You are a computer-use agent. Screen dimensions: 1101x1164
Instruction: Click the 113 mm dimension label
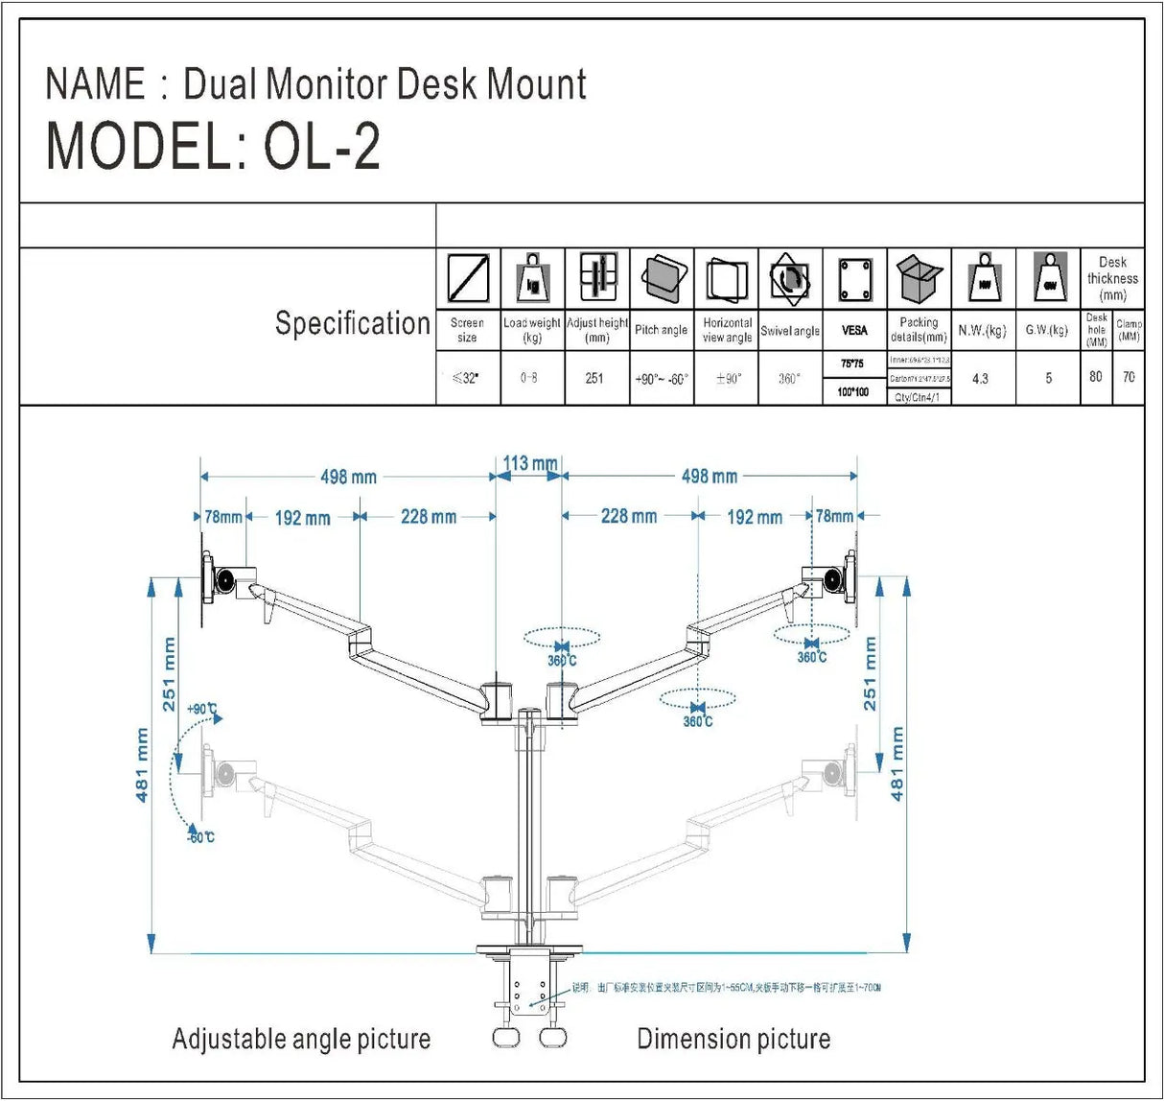[x=529, y=463]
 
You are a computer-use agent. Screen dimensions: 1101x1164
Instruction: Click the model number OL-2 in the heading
[x=322, y=147]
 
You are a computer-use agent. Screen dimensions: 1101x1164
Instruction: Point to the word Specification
[x=352, y=323]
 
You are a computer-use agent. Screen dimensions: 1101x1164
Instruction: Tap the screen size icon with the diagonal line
[x=468, y=279]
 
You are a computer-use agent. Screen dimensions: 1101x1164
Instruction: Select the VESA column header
[x=854, y=330]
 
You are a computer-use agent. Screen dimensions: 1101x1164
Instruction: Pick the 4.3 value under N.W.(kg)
[x=980, y=379]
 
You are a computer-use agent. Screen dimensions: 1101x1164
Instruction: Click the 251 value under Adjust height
[x=594, y=378]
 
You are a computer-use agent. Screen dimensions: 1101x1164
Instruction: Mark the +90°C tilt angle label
[x=202, y=709]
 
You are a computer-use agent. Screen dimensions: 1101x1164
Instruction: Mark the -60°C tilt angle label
[x=200, y=837]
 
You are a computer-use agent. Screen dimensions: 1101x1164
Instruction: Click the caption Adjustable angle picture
[x=301, y=1039]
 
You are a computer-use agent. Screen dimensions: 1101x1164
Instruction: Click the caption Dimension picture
[x=733, y=1039]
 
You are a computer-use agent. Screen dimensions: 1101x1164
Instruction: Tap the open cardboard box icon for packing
[x=919, y=279]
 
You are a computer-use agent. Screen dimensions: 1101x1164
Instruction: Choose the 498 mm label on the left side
[x=348, y=477]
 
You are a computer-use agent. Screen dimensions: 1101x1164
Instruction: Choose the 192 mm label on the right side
[x=755, y=517]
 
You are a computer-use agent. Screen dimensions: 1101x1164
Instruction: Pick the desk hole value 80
[x=1096, y=377]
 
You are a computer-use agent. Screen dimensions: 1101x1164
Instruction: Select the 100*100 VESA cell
[x=853, y=391]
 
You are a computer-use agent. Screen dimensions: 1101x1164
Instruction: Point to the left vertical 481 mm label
[x=142, y=764]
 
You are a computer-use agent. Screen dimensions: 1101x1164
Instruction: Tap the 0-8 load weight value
[x=529, y=378]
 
